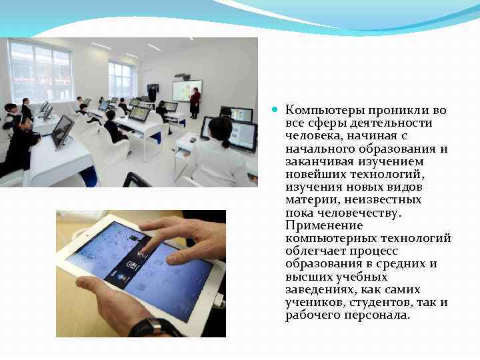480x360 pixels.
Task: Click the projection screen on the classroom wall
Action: pyautogui.click(x=187, y=90)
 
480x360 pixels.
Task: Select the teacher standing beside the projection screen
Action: pyautogui.click(x=195, y=102)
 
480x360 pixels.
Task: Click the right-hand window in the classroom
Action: pyautogui.click(x=120, y=79)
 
